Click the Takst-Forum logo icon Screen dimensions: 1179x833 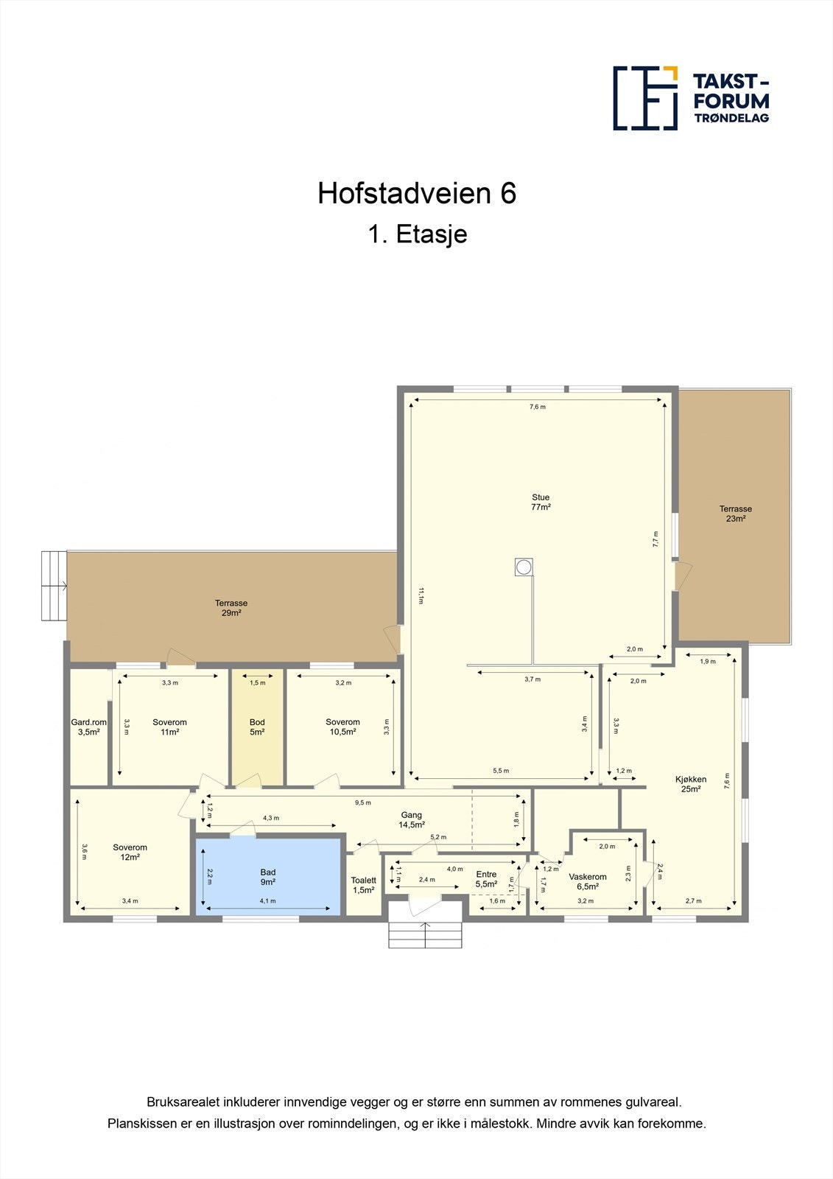pyautogui.click(x=645, y=98)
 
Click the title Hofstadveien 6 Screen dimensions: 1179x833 pyautogui.click(x=417, y=193)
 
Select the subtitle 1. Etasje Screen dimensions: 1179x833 pyautogui.click(x=417, y=234)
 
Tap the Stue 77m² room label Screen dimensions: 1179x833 pyautogui.click(x=541, y=503)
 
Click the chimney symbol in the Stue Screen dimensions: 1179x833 pyautogui.click(x=524, y=567)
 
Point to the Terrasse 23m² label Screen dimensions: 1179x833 pyautogui.click(x=735, y=514)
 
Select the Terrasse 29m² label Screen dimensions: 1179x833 pyautogui.click(x=231, y=608)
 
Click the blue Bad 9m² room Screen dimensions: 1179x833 pyautogui.click(x=268, y=877)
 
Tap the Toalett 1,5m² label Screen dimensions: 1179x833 pyautogui.click(x=364, y=885)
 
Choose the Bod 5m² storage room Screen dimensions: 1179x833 pyautogui.click(x=257, y=727)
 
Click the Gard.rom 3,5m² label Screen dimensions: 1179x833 pyautogui.click(x=89, y=727)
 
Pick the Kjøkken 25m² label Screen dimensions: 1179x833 pyautogui.click(x=691, y=784)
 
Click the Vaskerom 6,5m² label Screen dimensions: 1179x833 pyautogui.click(x=588, y=881)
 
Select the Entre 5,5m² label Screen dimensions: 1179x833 pyautogui.click(x=486, y=879)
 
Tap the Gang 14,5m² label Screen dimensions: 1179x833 pyautogui.click(x=411, y=820)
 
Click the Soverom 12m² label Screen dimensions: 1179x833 pyautogui.click(x=130, y=852)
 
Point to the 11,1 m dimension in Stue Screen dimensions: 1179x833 pyautogui.click(x=421, y=595)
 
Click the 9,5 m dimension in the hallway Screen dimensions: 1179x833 pyautogui.click(x=363, y=802)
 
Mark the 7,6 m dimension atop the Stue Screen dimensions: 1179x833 pyautogui.click(x=538, y=407)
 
